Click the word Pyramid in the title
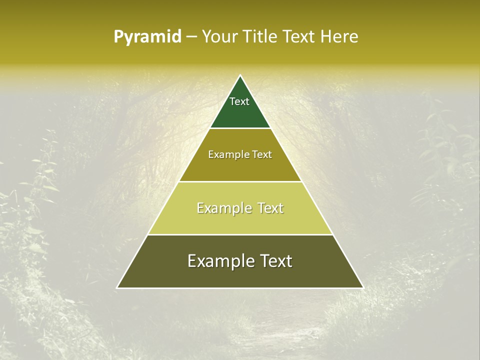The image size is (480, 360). click(147, 37)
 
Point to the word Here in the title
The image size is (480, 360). click(340, 36)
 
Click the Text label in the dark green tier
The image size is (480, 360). click(239, 101)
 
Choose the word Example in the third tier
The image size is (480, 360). click(222, 208)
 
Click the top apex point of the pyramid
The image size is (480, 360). click(240, 75)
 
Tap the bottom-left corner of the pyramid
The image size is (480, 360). click(117, 287)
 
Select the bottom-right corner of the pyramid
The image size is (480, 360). click(362, 287)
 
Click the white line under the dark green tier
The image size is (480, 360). click(240, 128)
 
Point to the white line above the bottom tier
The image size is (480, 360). click(240, 234)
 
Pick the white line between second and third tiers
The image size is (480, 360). click(240, 181)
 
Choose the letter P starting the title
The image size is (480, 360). click(118, 37)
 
